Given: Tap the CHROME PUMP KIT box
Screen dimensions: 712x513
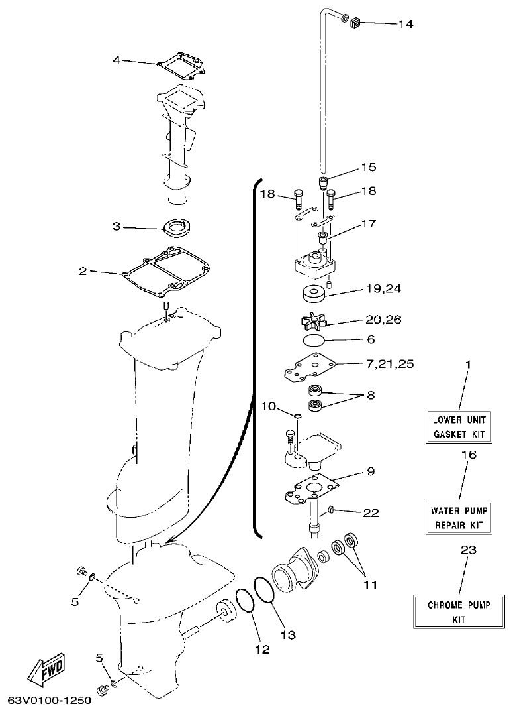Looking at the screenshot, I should click(x=459, y=612).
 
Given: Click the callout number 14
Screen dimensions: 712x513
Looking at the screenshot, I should click(x=405, y=24).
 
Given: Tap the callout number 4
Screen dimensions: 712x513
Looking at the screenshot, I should click(x=117, y=60).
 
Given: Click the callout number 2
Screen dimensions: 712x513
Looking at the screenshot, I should click(x=83, y=271).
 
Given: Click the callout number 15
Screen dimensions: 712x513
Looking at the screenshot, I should click(x=368, y=166).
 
